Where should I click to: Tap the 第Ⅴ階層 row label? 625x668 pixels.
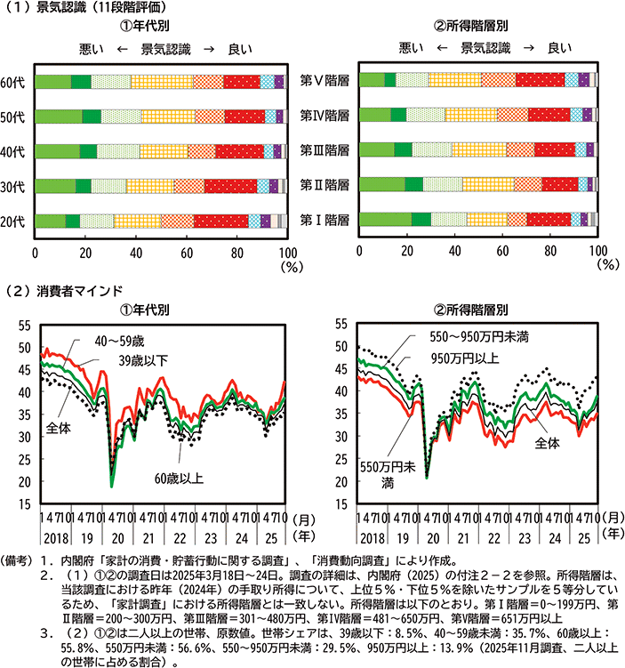coord(324,80)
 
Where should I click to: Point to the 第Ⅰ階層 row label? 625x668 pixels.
coord(324,219)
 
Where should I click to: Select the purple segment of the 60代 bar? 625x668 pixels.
coord(279,83)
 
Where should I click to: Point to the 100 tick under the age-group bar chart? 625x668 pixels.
coord(285,252)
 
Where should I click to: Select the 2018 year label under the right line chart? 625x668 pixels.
coord(372,538)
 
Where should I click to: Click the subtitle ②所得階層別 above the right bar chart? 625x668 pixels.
coord(479,26)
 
